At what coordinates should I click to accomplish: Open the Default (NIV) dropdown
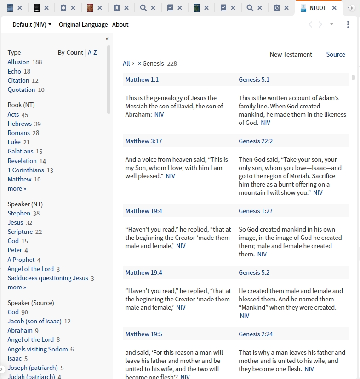tap(32, 24)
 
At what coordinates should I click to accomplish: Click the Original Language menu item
tap(83, 24)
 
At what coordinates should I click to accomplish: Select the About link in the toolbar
tap(120, 24)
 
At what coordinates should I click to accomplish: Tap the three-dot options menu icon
tap(348, 24)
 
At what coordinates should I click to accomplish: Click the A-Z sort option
tap(92, 52)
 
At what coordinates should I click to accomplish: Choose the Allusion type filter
tap(18, 62)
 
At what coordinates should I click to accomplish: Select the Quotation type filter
tap(21, 90)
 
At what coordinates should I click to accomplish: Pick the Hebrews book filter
tap(20, 124)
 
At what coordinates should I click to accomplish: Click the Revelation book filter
tap(22, 161)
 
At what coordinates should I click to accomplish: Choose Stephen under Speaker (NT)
tap(19, 213)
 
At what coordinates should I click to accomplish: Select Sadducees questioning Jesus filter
tap(48, 278)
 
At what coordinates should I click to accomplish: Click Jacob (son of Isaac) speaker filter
tap(34, 321)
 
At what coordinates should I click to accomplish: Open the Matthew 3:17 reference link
tap(143, 141)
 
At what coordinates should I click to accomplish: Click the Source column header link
tap(336, 54)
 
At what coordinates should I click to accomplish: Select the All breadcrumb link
tap(126, 63)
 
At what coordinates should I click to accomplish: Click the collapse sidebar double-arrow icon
tap(107, 39)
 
